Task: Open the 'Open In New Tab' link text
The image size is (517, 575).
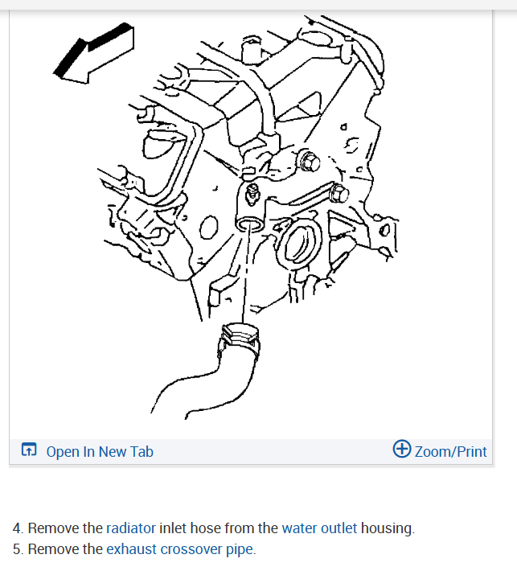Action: pos(100,452)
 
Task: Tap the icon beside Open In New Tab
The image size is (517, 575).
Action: pos(29,451)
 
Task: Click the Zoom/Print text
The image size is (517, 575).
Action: pos(451,451)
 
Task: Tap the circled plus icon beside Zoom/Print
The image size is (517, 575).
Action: pos(402,450)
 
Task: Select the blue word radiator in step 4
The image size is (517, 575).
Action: pos(131,528)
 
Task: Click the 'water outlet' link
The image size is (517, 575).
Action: pos(319,528)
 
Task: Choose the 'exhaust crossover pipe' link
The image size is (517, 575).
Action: pos(180,549)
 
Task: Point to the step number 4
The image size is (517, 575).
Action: pos(17,528)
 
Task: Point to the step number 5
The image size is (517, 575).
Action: pos(17,549)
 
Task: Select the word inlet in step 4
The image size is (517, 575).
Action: pos(174,528)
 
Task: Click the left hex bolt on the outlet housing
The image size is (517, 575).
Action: pos(308,162)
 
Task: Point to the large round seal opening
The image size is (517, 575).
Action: pos(297,247)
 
